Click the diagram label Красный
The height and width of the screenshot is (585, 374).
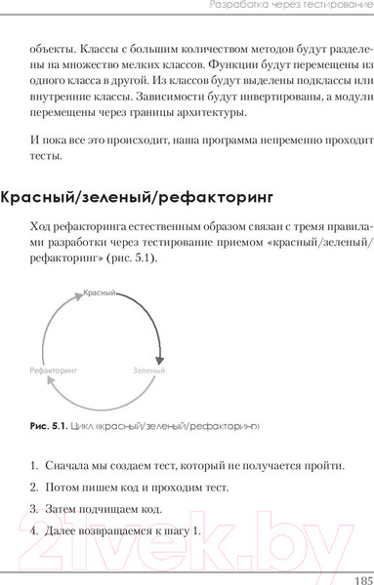pos(100,292)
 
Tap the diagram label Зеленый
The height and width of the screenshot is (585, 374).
pos(148,371)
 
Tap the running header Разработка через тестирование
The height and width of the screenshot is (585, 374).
pos(290,9)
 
